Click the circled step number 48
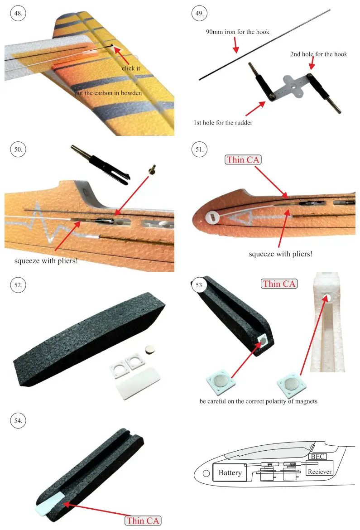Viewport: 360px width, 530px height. tap(18, 14)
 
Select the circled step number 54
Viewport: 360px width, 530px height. tap(18, 421)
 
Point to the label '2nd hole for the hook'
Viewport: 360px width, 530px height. tap(318, 54)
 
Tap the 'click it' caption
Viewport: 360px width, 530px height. tap(131, 68)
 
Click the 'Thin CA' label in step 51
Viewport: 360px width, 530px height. tap(243, 159)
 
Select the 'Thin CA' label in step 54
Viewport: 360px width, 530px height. tap(143, 520)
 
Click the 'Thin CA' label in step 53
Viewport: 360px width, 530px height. tap(279, 284)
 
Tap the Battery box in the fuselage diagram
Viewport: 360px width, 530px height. tap(230, 473)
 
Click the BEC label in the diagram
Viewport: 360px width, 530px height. tap(317, 457)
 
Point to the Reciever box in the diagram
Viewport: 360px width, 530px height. tap(319, 472)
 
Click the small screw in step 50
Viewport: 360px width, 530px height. tap(152, 169)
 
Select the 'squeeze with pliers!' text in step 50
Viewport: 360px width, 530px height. tap(46, 261)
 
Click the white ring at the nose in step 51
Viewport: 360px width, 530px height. tap(211, 217)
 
